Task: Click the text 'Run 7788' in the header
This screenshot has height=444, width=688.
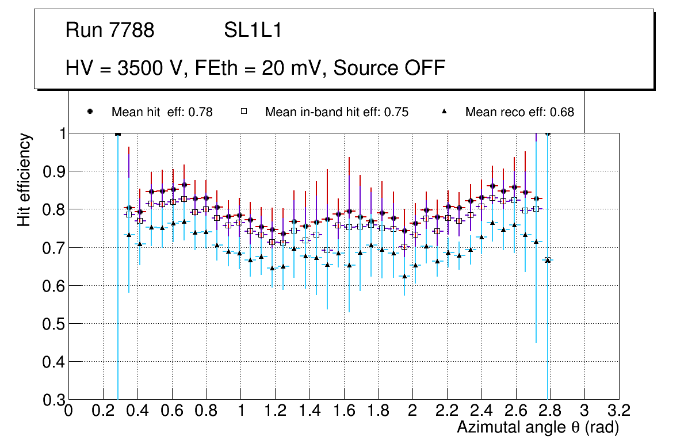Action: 110,30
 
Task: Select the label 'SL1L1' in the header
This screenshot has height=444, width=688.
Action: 253,30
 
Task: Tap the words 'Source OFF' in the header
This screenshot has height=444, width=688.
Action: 389,68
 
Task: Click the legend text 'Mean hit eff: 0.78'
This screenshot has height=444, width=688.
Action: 162,112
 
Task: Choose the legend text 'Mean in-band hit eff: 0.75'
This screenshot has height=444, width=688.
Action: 337,112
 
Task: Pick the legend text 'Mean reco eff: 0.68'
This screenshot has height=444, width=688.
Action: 519,112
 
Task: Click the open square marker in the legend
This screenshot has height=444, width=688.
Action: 244,112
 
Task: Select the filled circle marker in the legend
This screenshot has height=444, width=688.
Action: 90,112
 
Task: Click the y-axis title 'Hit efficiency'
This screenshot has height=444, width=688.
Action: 24,179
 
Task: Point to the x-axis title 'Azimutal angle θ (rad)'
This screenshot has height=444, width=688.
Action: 538,427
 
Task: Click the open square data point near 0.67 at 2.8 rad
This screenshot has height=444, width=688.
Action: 548,260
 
